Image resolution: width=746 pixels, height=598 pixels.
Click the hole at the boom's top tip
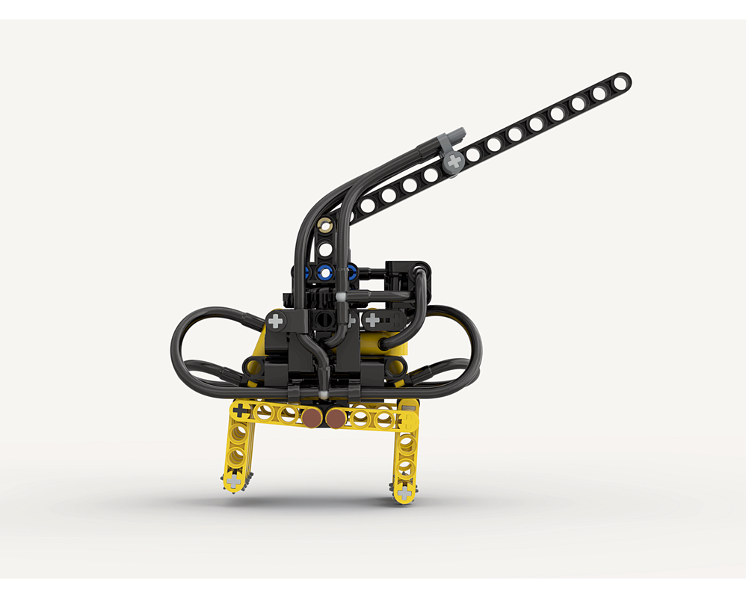[620, 80]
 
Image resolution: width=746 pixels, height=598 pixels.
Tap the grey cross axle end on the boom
[452, 161]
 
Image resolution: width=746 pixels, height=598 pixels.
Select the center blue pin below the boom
[325, 271]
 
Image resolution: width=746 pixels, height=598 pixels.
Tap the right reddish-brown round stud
[336, 419]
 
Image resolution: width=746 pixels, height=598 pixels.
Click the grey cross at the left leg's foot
[234, 481]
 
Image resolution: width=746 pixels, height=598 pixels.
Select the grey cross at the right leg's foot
[404, 493]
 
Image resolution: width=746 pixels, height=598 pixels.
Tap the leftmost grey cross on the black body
[277, 322]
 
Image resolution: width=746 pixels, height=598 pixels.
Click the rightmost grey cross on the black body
[372, 321]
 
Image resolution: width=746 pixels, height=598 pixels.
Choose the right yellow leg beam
[406, 456]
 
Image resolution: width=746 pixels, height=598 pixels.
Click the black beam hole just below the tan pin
[325, 247]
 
